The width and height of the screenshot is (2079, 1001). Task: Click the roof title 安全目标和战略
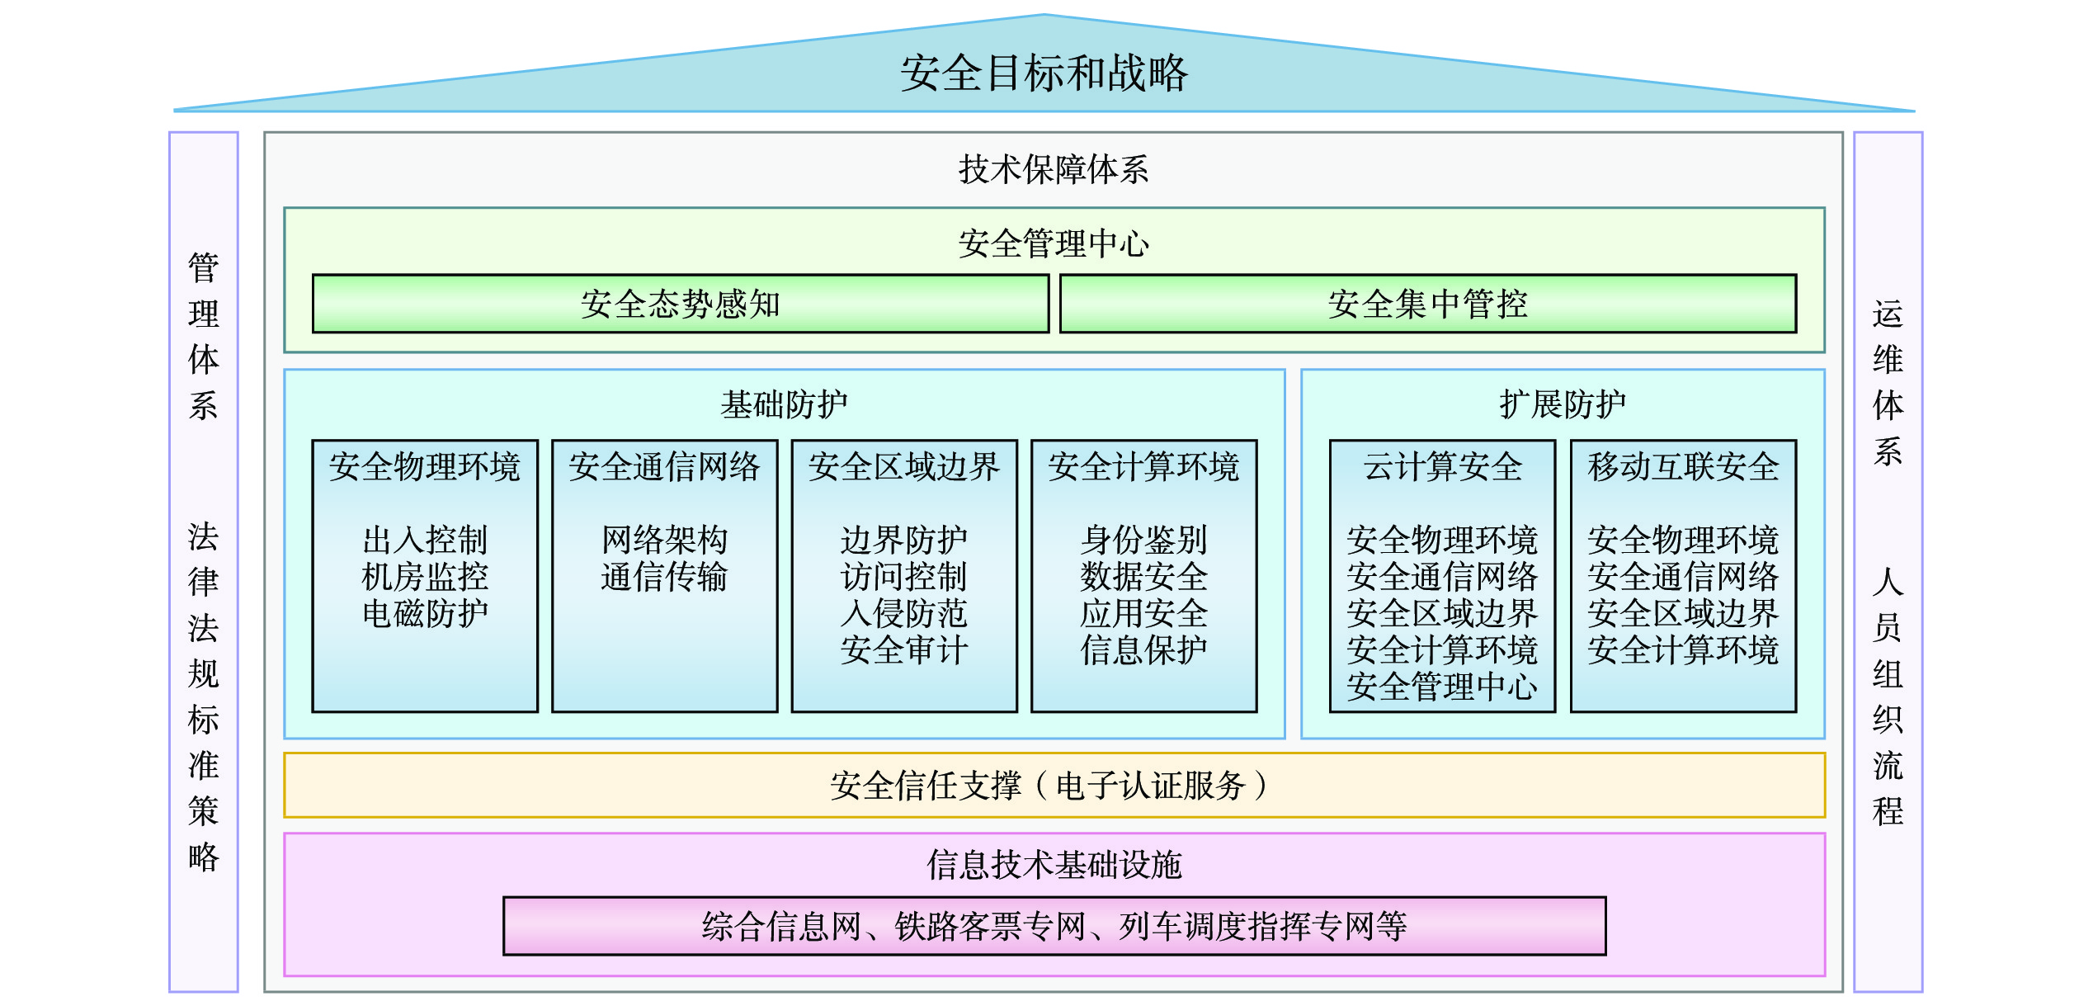click(1044, 73)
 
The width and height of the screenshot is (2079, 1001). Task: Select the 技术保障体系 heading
click(1054, 169)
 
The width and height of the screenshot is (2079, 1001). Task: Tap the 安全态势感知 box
click(681, 304)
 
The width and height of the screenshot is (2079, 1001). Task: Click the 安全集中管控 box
click(1427, 304)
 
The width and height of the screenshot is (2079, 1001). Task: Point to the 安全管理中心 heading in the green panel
click(1054, 243)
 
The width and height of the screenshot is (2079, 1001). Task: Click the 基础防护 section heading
click(784, 404)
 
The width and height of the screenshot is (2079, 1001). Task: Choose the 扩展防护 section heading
click(1563, 404)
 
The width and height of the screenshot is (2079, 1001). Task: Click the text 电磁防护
click(425, 613)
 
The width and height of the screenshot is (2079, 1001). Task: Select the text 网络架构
click(664, 540)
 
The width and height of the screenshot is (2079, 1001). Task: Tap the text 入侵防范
click(903, 613)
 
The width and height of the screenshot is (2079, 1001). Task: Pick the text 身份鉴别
click(1143, 540)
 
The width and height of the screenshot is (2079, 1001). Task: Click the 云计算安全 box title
click(1442, 467)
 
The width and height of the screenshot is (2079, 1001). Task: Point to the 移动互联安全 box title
click(1683, 467)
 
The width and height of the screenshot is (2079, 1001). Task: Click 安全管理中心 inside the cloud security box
click(1442, 687)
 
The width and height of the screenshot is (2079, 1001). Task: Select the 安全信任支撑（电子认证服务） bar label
click(1049, 786)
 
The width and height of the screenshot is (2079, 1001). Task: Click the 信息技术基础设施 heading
click(1054, 865)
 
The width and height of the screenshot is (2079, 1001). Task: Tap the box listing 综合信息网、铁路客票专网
click(1054, 926)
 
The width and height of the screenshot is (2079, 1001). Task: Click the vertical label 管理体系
click(203, 337)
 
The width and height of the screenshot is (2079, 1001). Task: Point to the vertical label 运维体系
click(1888, 383)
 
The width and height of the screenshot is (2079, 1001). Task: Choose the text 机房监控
click(425, 576)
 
